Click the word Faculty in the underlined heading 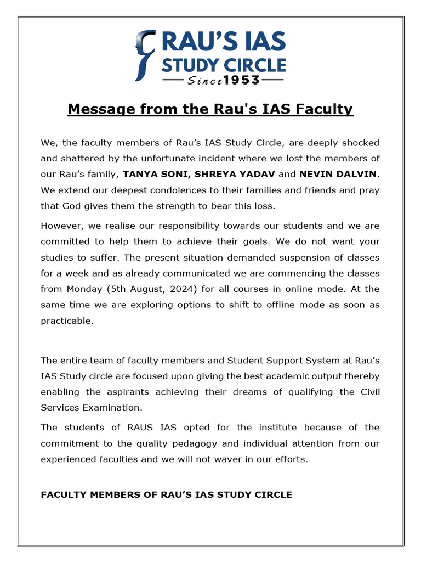coord(323,109)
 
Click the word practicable coord(67,321)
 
